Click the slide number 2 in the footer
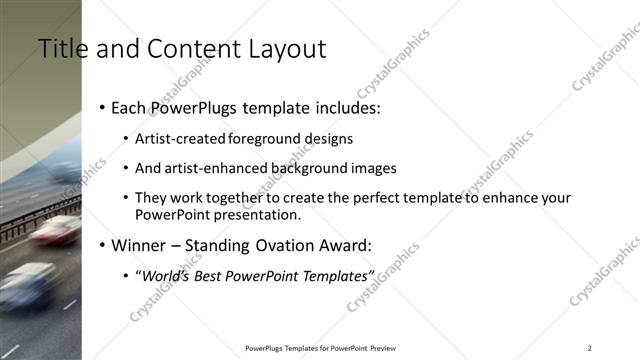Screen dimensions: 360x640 pyautogui.click(x=589, y=348)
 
